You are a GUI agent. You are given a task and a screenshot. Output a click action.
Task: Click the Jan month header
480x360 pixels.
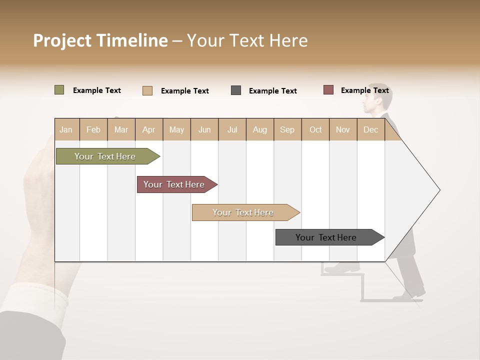pos(66,129)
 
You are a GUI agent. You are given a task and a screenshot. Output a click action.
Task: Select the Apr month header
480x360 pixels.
pos(149,129)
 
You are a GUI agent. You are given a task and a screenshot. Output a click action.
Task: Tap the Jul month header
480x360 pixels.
pos(232,129)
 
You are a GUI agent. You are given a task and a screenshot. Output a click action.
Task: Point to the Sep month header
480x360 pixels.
pos(287,129)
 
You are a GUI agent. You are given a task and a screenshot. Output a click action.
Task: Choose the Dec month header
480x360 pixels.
pos(370,129)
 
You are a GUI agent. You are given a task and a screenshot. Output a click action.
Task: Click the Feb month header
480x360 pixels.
pos(93,129)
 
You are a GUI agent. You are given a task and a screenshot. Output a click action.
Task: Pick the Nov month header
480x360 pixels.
pos(343,129)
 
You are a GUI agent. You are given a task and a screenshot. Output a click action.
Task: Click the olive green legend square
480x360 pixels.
pos(59,90)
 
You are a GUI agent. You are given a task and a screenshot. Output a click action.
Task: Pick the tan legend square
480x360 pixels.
pos(147,90)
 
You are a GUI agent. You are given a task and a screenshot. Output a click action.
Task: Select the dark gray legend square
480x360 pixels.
pos(236,90)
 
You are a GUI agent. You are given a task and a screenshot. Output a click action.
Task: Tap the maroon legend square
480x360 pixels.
pos(328,90)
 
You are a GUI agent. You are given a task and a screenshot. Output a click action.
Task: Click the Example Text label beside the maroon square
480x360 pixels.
pos(364,90)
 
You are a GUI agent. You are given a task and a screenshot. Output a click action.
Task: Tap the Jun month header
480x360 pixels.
pos(204,129)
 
